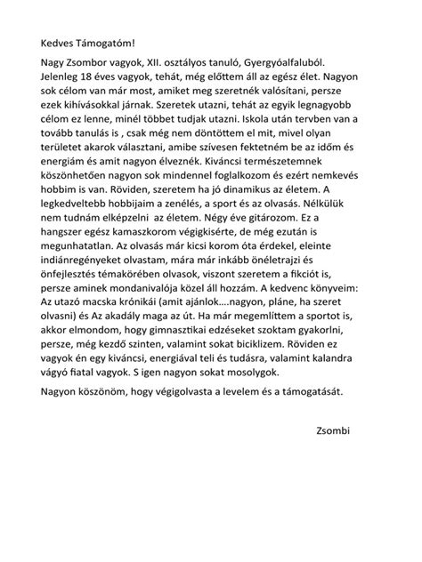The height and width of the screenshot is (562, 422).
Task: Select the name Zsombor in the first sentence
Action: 94,65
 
